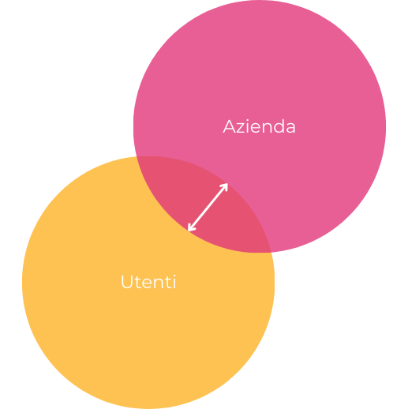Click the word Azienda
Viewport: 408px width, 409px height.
point(259,126)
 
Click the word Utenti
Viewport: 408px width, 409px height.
point(148,282)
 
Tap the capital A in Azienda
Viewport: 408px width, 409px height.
point(229,126)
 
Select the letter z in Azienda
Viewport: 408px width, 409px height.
point(241,128)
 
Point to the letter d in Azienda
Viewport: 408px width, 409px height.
point(278,126)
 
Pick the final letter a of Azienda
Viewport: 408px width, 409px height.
point(290,128)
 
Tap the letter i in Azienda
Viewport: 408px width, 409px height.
point(248,126)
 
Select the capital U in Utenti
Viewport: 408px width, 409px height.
point(127,282)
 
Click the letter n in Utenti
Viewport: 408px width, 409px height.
point(163,283)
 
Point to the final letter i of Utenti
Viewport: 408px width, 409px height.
point(174,282)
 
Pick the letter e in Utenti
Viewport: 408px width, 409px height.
point(150,283)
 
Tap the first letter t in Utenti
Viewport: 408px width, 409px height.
point(139,283)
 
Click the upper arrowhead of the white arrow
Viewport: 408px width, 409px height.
point(225,186)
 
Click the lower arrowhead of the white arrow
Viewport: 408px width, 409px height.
point(191,228)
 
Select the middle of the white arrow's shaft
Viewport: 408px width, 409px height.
point(208,207)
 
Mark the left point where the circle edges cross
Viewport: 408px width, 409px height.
point(137,157)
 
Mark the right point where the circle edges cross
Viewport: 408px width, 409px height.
point(271,253)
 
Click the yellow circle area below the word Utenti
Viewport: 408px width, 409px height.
point(148,347)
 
